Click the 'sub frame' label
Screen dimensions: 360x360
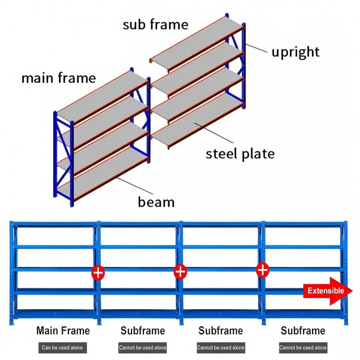tap(155, 24)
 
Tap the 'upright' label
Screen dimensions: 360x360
tap(296, 52)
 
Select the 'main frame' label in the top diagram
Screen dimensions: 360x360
tap(58, 78)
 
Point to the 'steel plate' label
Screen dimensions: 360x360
tap(240, 153)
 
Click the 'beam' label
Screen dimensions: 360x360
tap(156, 202)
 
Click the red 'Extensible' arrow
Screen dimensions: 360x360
tap(328, 291)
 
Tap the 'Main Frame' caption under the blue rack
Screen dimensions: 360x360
tap(63, 331)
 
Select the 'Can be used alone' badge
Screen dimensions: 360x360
tap(63, 347)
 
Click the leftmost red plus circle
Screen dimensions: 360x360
tap(98, 273)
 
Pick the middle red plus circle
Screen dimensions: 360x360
tap(180, 272)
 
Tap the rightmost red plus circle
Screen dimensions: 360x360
tap(263, 270)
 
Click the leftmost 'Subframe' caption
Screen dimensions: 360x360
tap(143, 331)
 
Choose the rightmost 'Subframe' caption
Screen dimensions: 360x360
tap(303, 331)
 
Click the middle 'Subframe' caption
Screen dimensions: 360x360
tap(220, 331)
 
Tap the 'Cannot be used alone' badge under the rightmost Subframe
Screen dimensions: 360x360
tap(303, 347)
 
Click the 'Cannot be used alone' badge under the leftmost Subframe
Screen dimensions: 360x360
tap(143, 347)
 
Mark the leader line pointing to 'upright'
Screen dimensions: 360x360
tap(256, 48)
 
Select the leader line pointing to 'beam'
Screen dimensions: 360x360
tap(135, 186)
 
